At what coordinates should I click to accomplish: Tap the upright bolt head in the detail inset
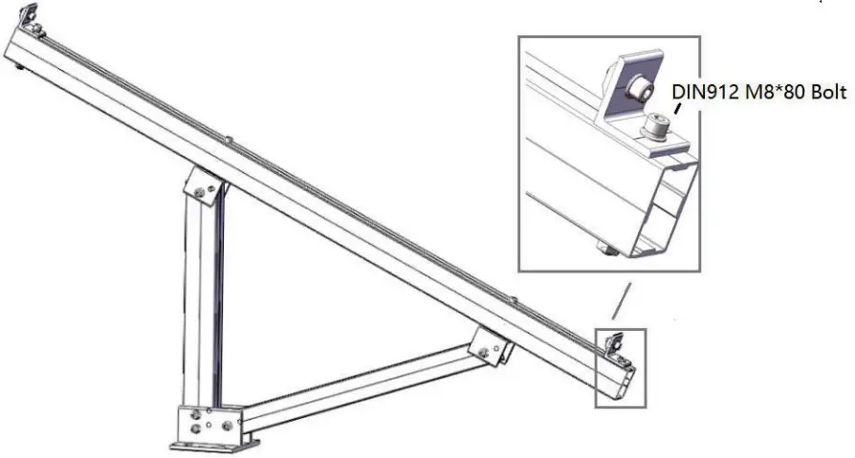pyautogui.click(x=655, y=125)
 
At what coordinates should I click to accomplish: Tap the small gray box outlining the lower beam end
pyautogui.click(x=621, y=368)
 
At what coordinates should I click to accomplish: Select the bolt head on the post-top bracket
pyautogui.click(x=199, y=192)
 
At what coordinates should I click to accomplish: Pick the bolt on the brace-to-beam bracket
pyautogui.click(x=484, y=352)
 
